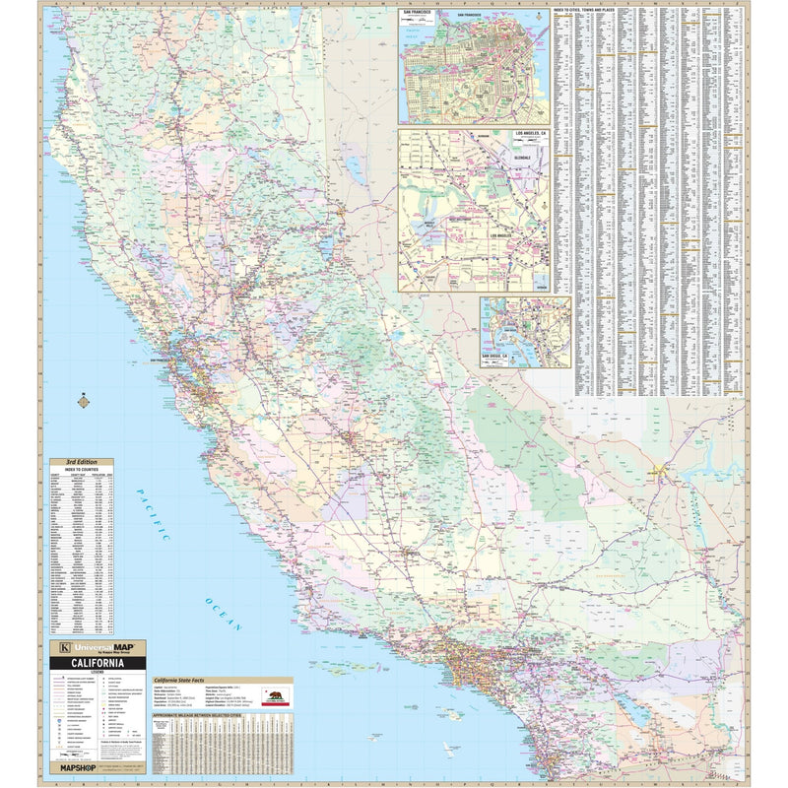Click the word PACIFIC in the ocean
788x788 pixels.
tap(154, 515)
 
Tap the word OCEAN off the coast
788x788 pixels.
tap(223, 614)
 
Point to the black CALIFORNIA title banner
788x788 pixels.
tap(98, 662)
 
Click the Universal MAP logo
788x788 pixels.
tap(98, 648)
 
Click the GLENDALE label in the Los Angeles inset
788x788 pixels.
tap(522, 157)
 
